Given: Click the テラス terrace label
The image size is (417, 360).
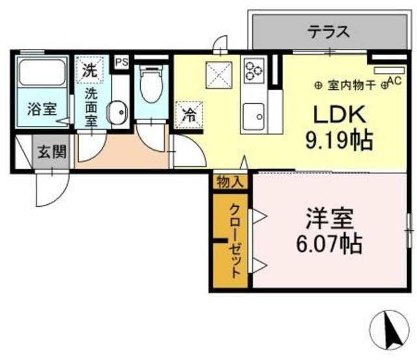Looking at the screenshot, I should pyautogui.click(x=329, y=31).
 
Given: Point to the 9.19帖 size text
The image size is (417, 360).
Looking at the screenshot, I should pyautogui.click(x=339, y=139).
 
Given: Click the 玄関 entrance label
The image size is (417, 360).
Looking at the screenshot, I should pyautogui.click(x=51, y=153).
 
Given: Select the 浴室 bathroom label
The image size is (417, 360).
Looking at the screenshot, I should pyautogui.click(x=42, y=109).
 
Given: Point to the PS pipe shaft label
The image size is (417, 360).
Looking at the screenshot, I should pyautogui.click(x=121, y=61).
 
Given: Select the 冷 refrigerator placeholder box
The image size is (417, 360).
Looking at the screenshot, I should pyautogui.click(x=188, y=116).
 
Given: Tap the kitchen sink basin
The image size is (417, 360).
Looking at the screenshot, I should pyautogui.click(x=253, y=117).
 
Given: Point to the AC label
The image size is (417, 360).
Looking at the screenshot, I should pyautogui.click(x=394, y=81).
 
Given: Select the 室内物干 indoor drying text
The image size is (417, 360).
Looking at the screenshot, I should pyautogui.click(x=351, y=84).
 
